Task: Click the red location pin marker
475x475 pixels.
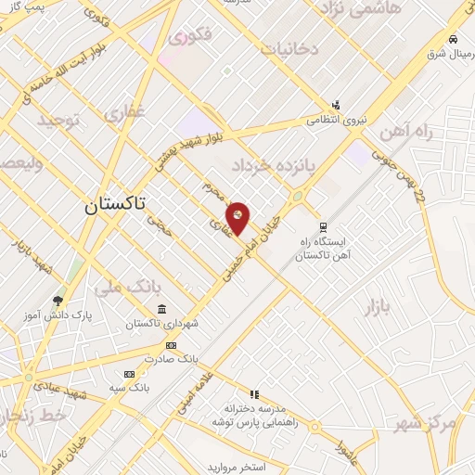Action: (238, 217)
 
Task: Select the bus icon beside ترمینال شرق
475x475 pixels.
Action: (452, 39)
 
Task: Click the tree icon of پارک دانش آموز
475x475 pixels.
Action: (58, 301)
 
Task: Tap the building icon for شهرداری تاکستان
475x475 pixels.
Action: (162, 309)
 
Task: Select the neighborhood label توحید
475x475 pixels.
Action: (59, 122)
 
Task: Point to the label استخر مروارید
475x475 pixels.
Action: (233, 465)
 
